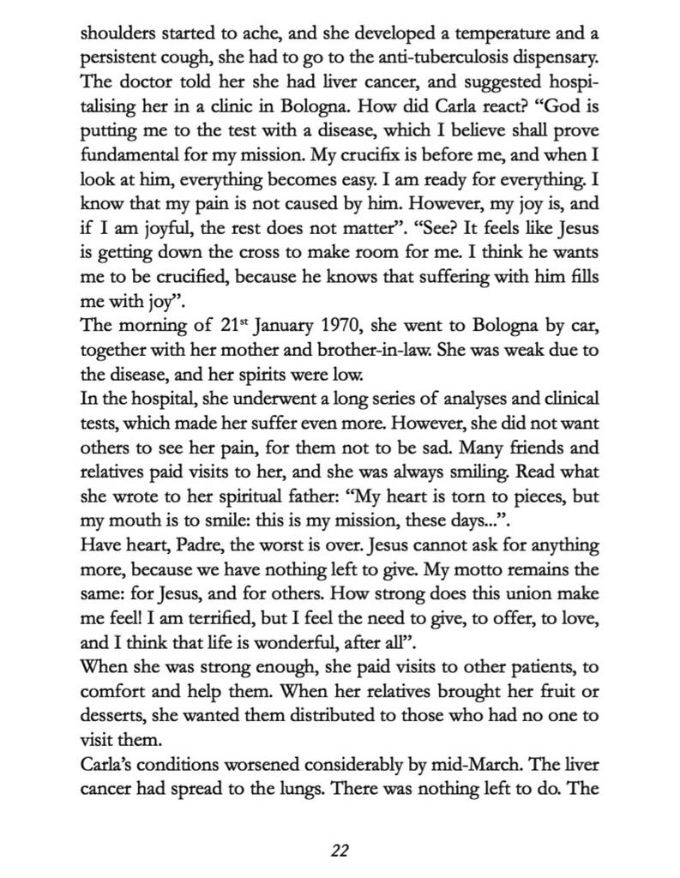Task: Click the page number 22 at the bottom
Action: (340, 851)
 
